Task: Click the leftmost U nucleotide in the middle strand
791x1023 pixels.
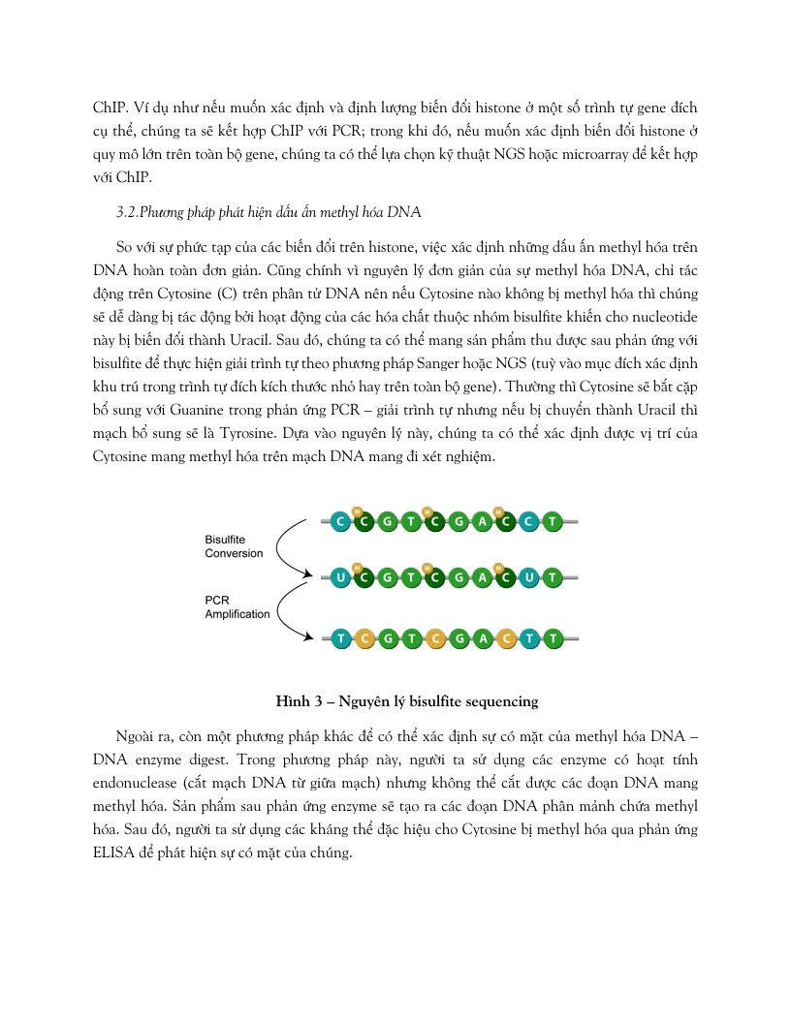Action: pyautogui.click(x=340, y=578)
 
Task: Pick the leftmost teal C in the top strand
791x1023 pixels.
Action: pyautogui.click(x=340, y=522)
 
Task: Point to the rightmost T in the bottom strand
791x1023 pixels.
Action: pyautogui.click(x=553, y=638)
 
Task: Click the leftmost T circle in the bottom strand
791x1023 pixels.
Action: pyautogui.click(x=340, y=638)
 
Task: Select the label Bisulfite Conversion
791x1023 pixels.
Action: pyautogui.click(x=234, y=546)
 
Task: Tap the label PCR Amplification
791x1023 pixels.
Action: pyautogui.click(x=237, y=607)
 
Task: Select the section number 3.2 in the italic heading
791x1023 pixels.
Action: pyautogui.click(x=128, y=211)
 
